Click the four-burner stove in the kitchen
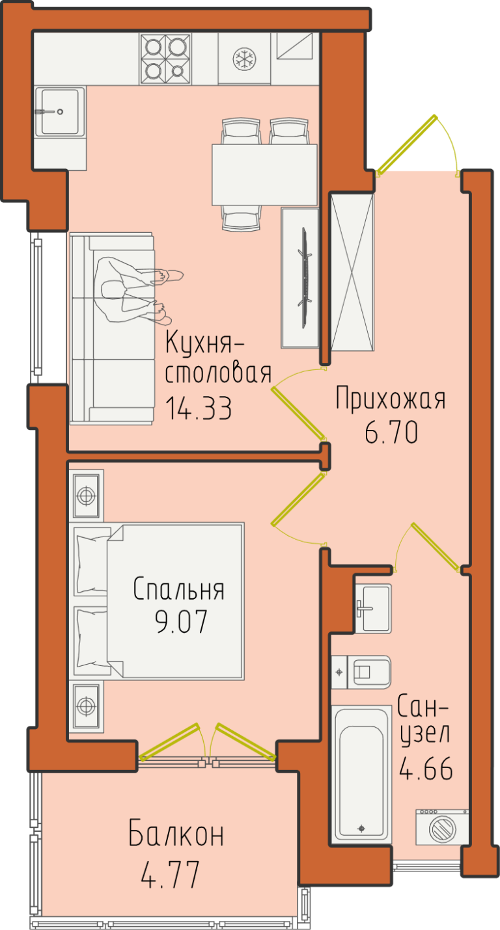point(165,59)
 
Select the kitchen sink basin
point(60,112)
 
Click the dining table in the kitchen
point(265,174)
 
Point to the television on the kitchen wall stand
point(305,278)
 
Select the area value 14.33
point(199,408)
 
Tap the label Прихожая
point(390,399)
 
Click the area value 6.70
point(391,432)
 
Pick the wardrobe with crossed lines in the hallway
point(352,272)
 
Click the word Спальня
point(179,589)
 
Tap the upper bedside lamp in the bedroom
point(86,496)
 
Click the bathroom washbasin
point(374,608)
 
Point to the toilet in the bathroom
point(361,672)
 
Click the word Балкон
point(176,833)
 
